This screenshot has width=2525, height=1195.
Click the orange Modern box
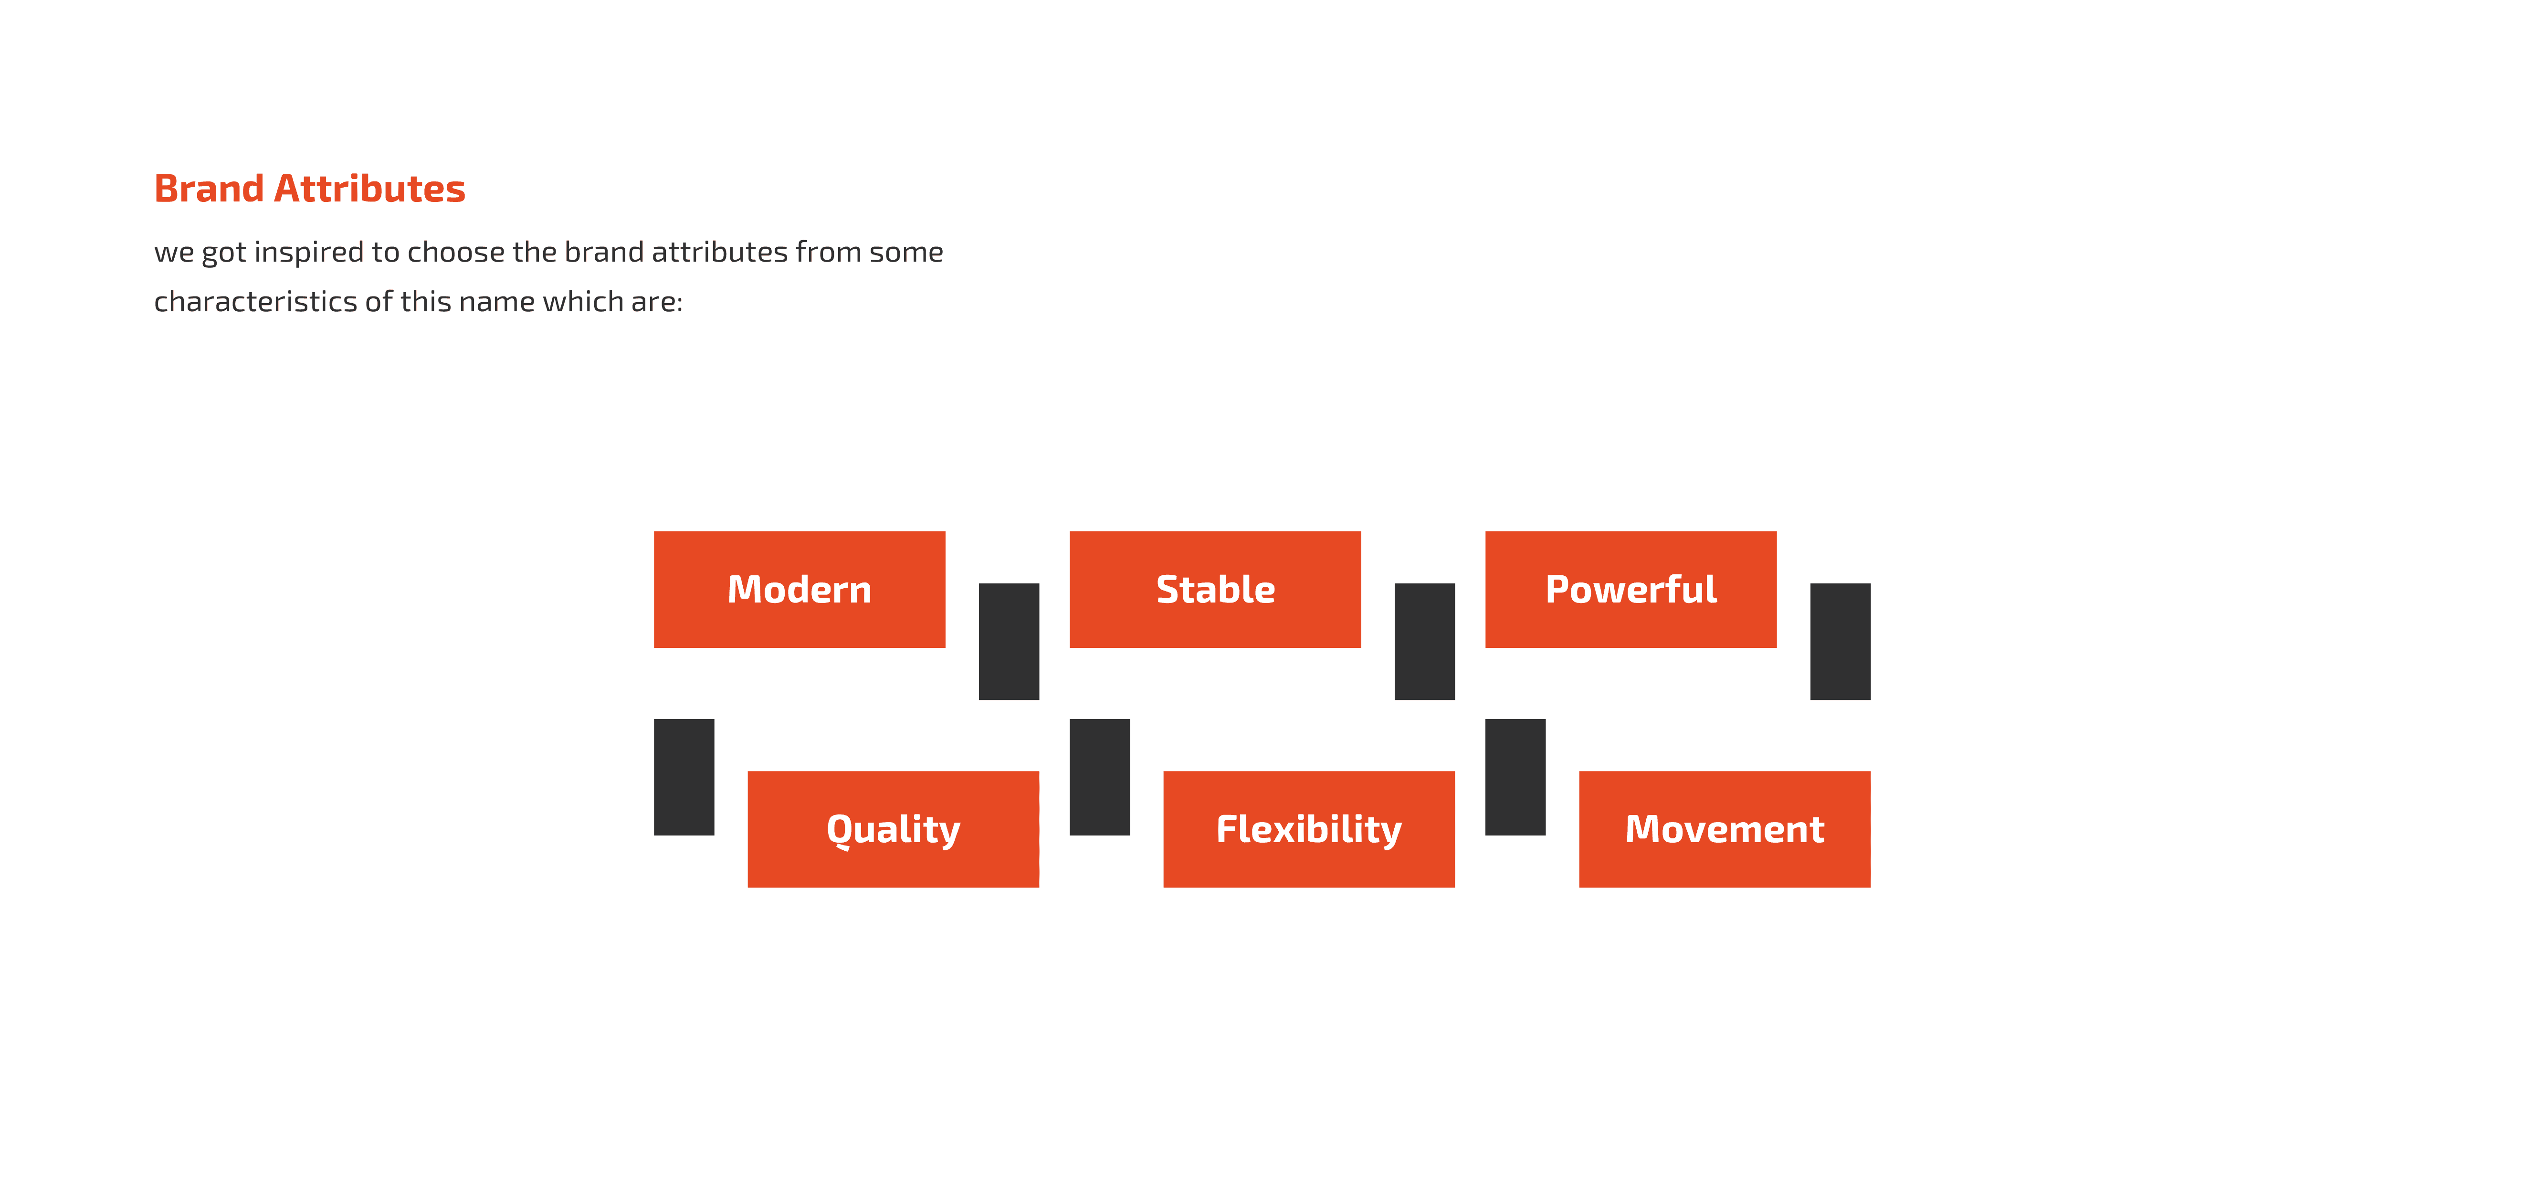pyautogui.click(x=799, y=589)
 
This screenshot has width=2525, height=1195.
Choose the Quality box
pyautogui.click(x=893, y=829)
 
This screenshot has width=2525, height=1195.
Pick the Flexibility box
pyautogui.click(x=1309, y=829)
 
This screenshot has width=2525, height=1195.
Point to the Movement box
pyautogui.click(x=1724, y=829)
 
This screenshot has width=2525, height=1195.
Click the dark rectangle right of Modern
pyautogui.click(x=1009, y=641)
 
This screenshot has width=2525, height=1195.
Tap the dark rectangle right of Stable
pyautogui.click(x=1424, y=641)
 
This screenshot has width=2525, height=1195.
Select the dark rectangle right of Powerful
pyautogui.click(x=1840, y=641)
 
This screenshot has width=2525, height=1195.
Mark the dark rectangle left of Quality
pyautogui.click(x=684, y=776)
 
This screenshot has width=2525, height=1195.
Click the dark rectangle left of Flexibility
pyautogui.click(x=1100, y=776)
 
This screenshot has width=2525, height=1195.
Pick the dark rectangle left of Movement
pyautogui.click(x=1515, y=776)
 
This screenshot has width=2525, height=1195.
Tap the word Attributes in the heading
pyautogui.click(x=369, y=188)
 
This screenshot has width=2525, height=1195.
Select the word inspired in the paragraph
pyautogui.click(x=308, y=253)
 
